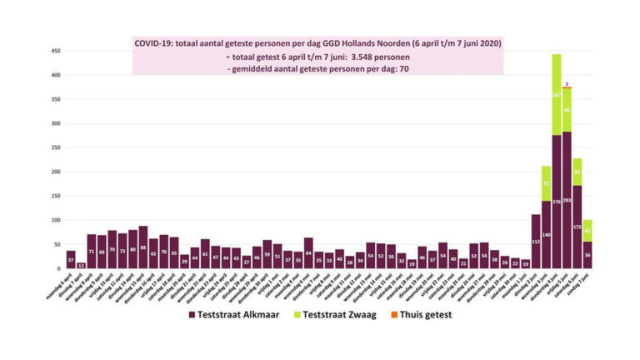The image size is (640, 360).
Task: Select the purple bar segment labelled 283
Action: [x=567, y=200]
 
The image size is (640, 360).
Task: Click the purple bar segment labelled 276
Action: [x=556, y=202]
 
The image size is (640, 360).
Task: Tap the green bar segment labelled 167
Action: [x=556, y=94]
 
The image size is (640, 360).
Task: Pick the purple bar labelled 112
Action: [x=536, y=242]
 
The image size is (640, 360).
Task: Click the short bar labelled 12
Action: [x=81, y=266]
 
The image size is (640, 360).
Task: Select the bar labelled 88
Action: [x=143, y=247]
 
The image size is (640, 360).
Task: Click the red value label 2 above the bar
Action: [x=567, y=84]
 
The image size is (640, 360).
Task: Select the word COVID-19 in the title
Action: [x=155, y=42]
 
